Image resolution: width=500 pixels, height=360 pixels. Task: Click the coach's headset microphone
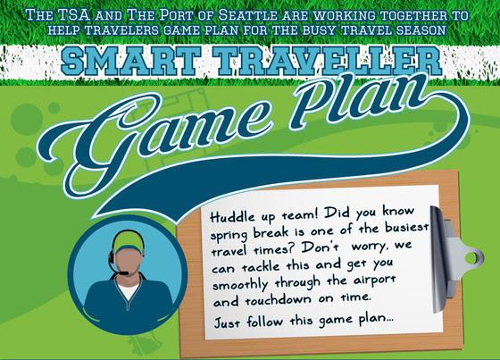[123, 273]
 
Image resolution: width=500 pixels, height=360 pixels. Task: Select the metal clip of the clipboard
[453, 259]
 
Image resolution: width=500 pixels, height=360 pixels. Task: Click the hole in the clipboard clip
[473, 258]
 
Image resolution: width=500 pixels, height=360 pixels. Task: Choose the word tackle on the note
[261, 266]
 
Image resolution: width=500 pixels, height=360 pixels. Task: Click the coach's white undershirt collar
[129, 290]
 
